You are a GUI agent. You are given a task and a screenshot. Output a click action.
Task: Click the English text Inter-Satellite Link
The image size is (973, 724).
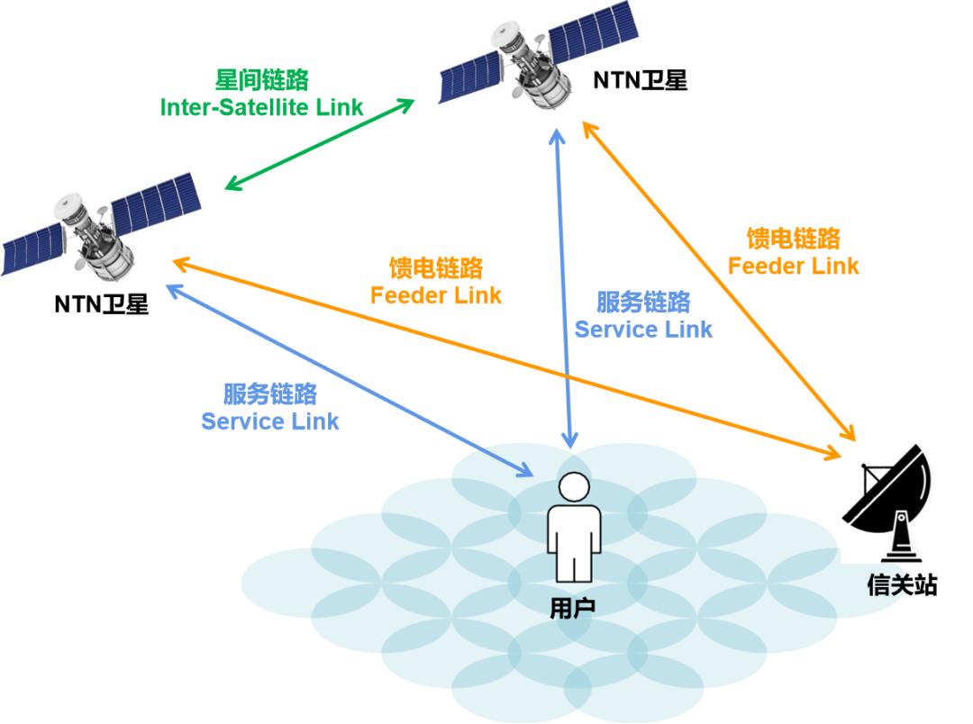pyautogui.click(x=261, y=108)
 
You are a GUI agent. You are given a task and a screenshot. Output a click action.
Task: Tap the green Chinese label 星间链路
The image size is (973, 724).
pyautogui.click(x=262, y=80)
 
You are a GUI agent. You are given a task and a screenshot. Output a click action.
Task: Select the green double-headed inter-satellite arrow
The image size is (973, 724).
pyautogui.click(x=320, y=144)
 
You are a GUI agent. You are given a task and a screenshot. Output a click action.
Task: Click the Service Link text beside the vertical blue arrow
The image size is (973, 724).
pyautogui.click(x=643, y=330)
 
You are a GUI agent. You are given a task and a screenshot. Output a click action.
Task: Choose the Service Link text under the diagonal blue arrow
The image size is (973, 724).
pyautogui.click(x=270, y=421)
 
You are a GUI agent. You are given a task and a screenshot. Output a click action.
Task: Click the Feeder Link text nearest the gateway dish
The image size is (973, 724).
pyautogui.click(x=793, y=267)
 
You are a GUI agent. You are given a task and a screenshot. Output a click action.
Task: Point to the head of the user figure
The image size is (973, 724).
pyautogui.click(x=573, y=489)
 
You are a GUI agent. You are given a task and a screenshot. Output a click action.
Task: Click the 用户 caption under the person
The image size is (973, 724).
pyautogui.click(x=573, y=609)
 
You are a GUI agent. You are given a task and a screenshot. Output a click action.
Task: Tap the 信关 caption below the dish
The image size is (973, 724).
pyautogui.click(x=887, y=585)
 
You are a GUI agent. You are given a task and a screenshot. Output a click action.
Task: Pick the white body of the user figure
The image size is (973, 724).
pyautogui.click(x=573, y=540)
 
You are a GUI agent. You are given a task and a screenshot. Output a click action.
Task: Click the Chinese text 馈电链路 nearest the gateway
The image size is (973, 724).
pyautogui.click(x=794, y=239)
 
